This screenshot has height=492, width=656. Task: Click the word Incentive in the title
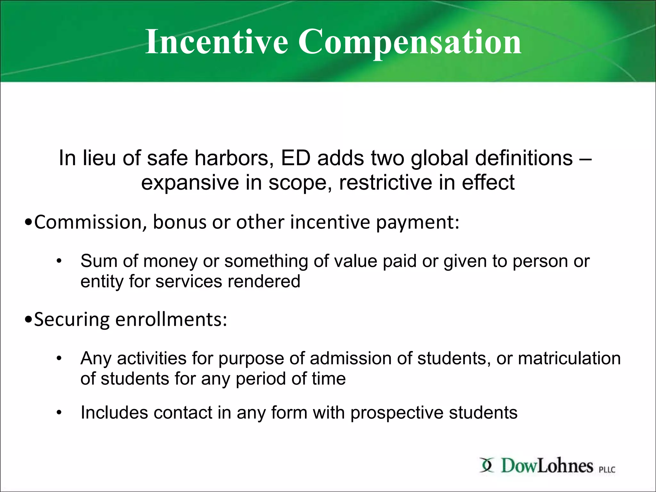[217, 42]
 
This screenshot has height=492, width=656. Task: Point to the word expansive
[190, 183]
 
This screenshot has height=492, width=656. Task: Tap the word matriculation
[569, 358]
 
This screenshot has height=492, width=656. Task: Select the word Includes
[114, 413]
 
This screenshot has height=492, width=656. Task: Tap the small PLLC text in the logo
[607, 470]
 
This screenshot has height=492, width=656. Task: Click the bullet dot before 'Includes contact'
[59, 413]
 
